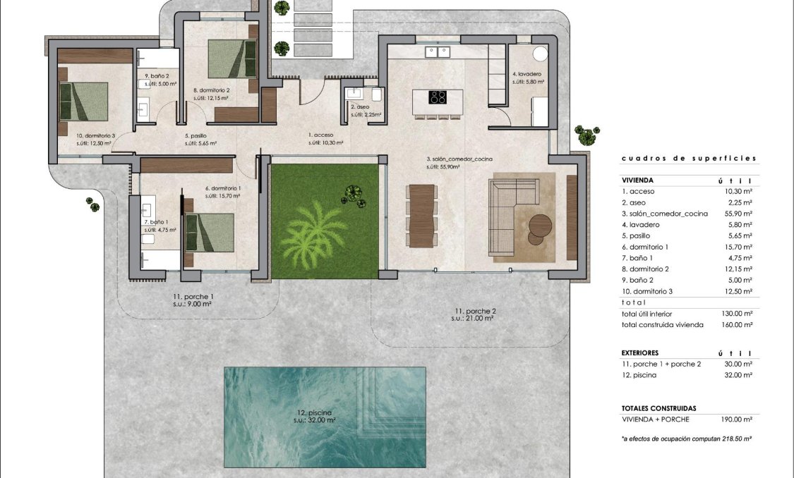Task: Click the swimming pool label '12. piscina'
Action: (x=315, y=412)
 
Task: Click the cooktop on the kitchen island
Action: (x=438, y=98)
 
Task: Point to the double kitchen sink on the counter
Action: (x=438, y=51)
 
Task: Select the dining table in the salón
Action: (x=421, y=215)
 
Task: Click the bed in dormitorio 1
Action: (x=210, y=232)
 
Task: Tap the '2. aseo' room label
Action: (x=360, y=107)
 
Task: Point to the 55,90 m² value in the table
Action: (x=737, y=213)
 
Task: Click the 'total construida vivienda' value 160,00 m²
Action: (x=737, y=325)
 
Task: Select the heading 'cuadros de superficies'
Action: (x=688, y=159)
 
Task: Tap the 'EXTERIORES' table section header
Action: (x=640, y=353)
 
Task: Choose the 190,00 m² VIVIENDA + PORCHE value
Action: (x=737, y=419)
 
